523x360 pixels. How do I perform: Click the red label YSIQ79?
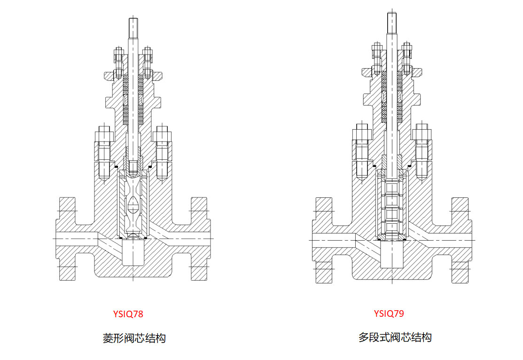click(389, 313)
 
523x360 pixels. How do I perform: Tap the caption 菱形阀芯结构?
click(134, 338)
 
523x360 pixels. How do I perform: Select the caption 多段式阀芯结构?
click(395, 337)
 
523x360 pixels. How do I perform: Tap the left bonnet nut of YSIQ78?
click(103, 136)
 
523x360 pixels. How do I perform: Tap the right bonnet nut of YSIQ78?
click(163, 136)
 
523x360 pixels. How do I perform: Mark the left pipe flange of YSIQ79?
click(323, 240)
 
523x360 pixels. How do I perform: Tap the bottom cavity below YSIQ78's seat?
click(133, 254)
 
